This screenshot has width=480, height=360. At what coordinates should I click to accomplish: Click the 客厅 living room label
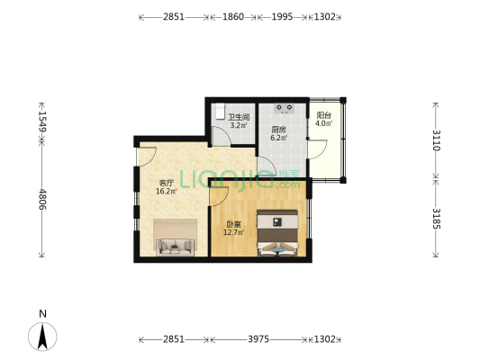coord(166,182)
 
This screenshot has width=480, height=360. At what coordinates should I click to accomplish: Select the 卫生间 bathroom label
coord(238,117)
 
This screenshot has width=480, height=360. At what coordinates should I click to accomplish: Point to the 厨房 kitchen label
coord(279,130)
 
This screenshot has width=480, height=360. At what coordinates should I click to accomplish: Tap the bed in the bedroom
coord(278,233)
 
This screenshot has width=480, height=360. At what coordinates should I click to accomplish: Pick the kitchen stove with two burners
coord(286,109)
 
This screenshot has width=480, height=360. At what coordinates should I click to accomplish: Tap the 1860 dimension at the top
coord(232,17)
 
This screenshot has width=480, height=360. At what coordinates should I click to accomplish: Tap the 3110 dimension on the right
coord(436,139)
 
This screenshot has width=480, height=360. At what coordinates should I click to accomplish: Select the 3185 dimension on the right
coord(436,218)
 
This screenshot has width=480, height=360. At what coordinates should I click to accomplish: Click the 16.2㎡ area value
coord(166,191)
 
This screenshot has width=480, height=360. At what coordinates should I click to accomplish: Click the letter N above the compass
coord(41,313)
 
